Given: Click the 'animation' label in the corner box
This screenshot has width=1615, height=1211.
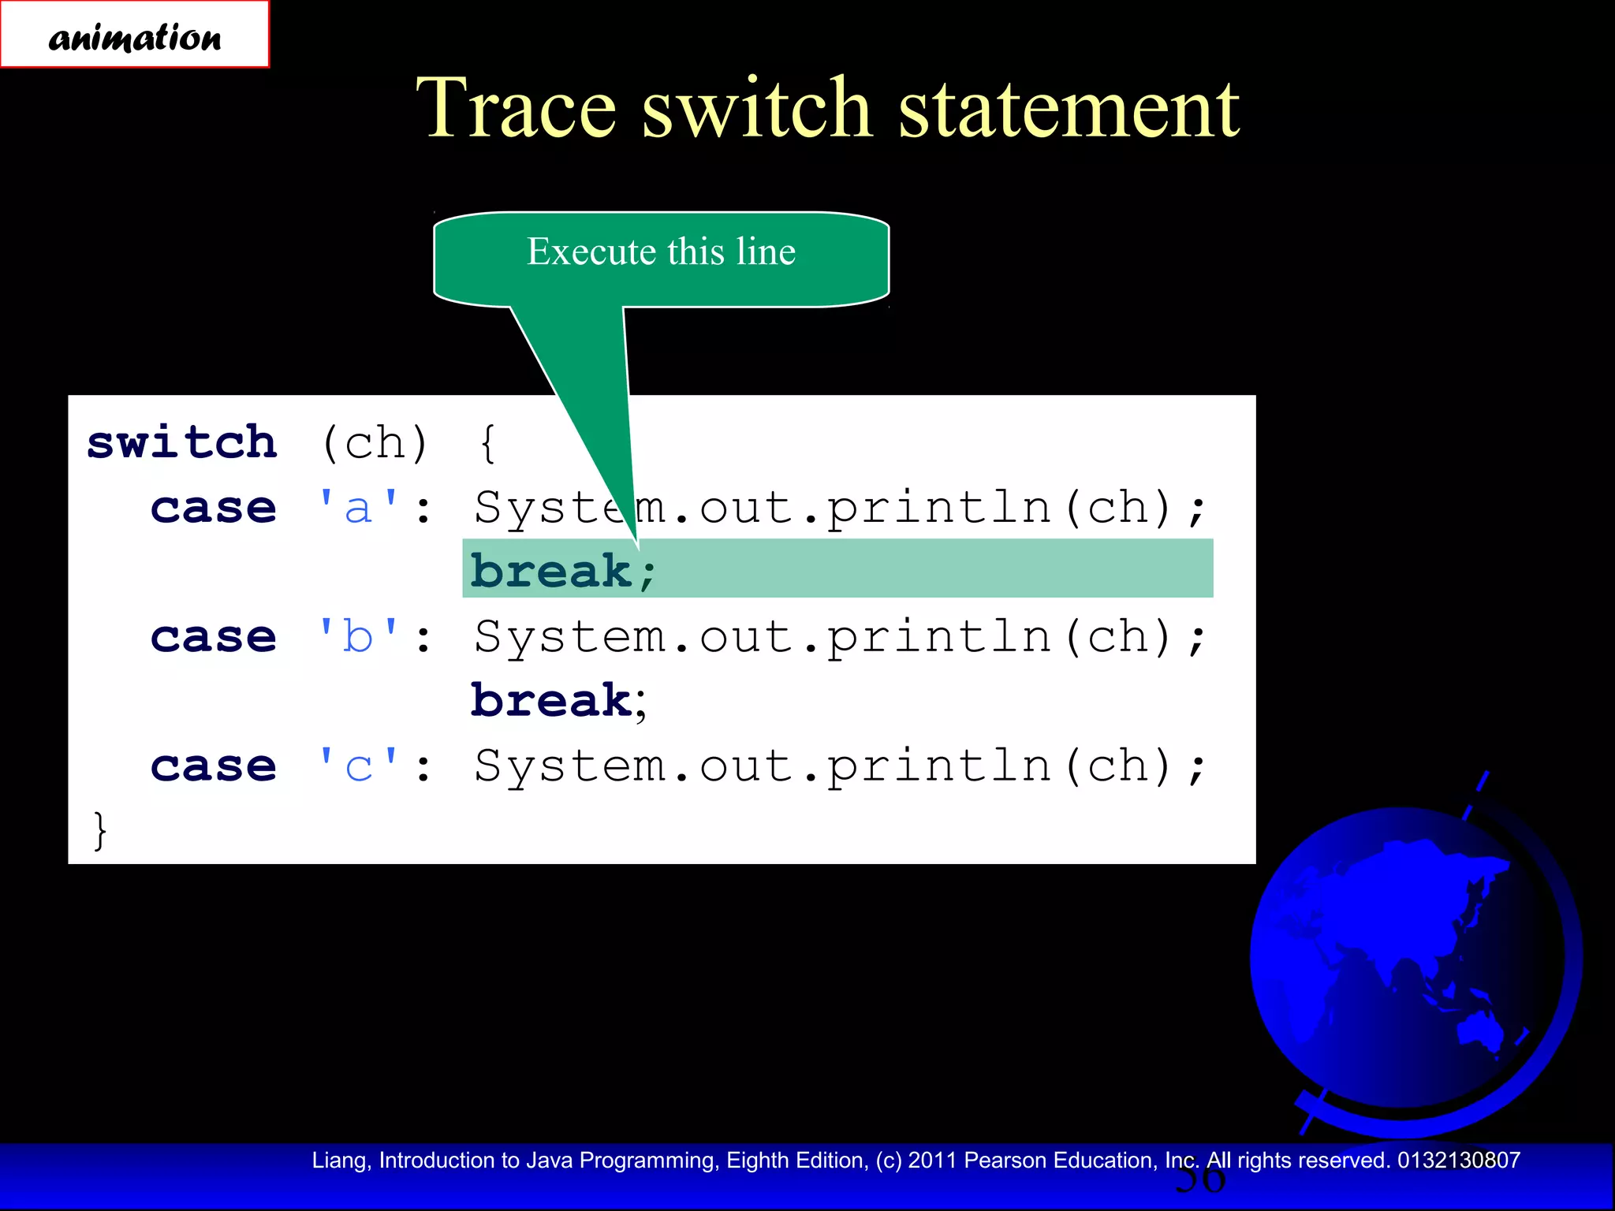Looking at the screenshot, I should coord(135,37).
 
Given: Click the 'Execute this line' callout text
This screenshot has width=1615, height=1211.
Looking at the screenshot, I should coord(661,252).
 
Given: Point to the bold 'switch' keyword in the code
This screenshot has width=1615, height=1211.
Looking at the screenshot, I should coord(182,442).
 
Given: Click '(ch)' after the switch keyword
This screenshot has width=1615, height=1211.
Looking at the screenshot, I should coord(375,442).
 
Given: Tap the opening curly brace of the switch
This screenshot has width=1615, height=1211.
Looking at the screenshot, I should coord(488,442).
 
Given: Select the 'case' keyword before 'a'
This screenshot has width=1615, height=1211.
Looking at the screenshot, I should coord(213,508).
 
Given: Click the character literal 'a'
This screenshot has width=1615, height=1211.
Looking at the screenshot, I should coord(358,508).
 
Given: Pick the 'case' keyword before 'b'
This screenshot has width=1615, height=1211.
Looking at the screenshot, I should coord(213,637).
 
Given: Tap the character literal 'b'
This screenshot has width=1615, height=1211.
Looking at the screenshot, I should coord(358,637).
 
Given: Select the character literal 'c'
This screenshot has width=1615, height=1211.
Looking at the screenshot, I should coord(358,766).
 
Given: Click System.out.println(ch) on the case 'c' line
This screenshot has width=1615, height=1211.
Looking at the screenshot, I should coord(839,766).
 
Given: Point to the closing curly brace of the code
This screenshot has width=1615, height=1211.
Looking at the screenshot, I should coord(99,830).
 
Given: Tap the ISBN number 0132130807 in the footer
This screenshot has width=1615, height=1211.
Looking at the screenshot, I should coord(1458,1161).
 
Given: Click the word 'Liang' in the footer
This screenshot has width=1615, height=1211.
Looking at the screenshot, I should coord(338,1161).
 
